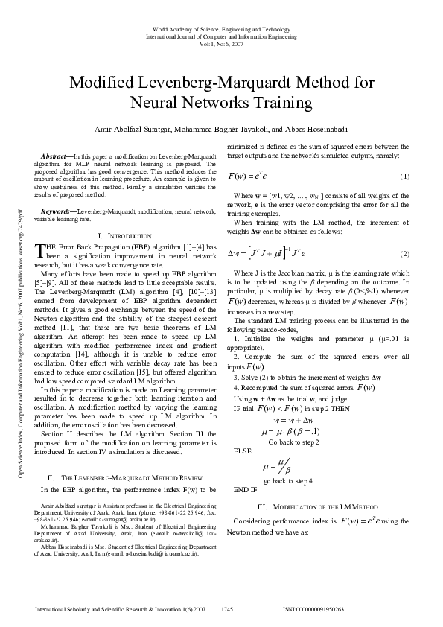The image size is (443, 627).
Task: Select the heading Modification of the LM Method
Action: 323,506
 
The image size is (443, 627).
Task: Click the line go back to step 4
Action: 293,481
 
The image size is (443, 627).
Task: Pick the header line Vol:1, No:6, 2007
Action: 221,43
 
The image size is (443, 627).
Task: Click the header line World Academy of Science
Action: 221,28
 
